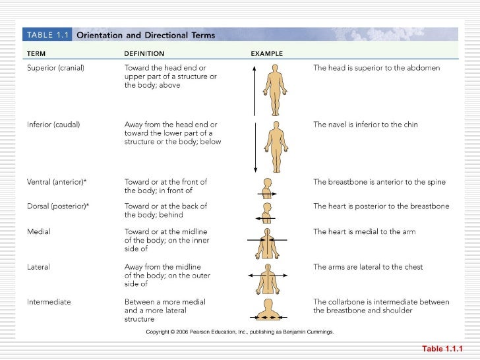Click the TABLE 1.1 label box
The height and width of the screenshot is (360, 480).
[x=47, y=36]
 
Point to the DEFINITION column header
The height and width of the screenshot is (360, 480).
[x=144, y=53]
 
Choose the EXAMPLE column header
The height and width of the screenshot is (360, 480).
[x=266, y=53]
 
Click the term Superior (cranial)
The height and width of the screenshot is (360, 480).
[x=56, y=68]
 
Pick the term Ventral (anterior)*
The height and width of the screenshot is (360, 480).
[x=57, y=182]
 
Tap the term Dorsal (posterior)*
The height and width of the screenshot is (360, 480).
[x=58, y=206]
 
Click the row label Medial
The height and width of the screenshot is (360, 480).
[x=38, y=231]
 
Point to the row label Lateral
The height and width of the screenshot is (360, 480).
[x=38, y=267]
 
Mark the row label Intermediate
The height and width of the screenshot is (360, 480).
[x=49, y=302]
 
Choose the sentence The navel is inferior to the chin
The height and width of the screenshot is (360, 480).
[x=365, y=124]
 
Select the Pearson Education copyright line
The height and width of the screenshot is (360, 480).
[x=239, y=332]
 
